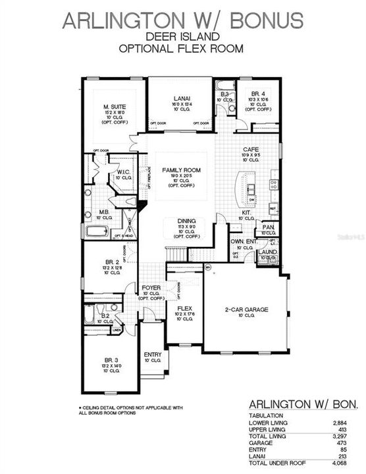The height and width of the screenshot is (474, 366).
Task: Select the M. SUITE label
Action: pos(115,107)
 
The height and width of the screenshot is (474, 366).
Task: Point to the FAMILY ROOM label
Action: pos(181,170)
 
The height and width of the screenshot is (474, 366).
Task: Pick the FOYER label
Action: pos(151,288)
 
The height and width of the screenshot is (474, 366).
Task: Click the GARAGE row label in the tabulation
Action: pos(259,442)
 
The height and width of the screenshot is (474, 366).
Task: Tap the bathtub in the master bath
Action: pos(97,231)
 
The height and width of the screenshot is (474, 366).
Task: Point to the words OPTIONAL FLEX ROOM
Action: pos(182,48)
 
